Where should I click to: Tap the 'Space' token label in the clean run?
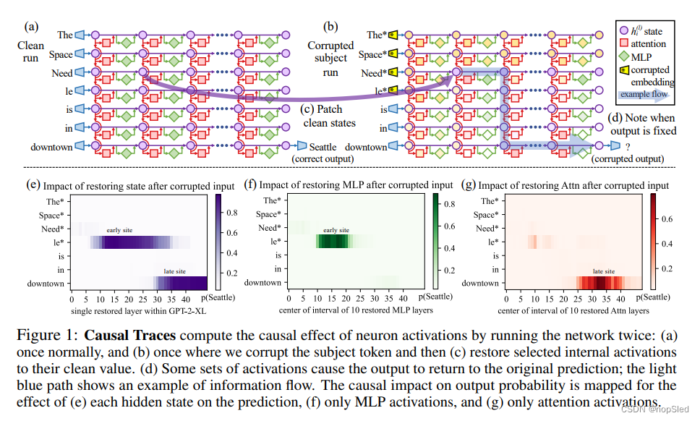click(61, 54)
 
